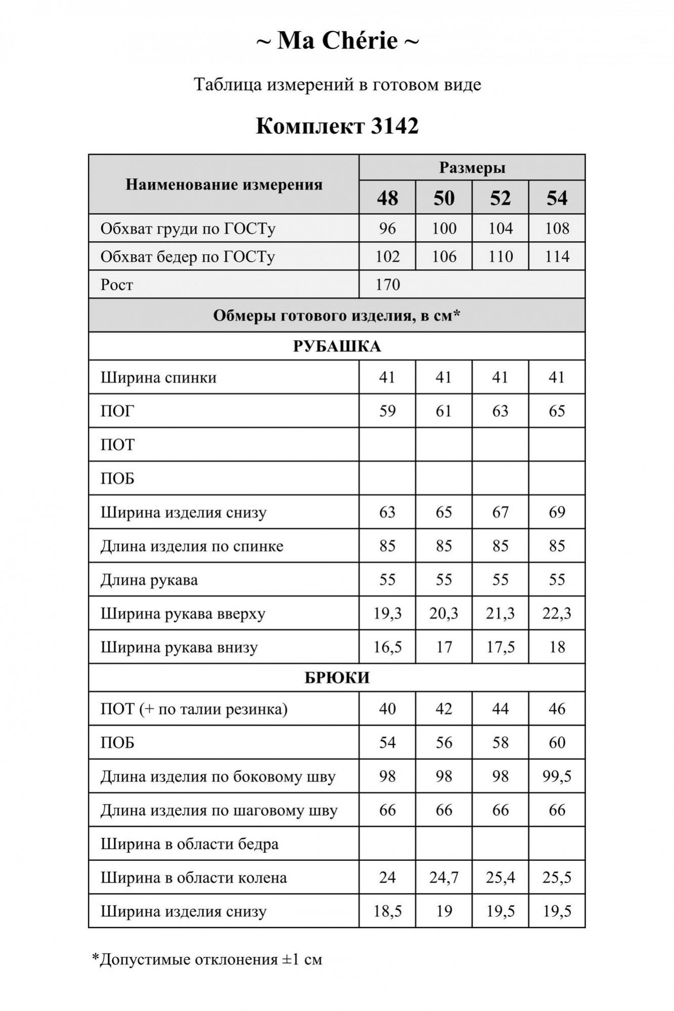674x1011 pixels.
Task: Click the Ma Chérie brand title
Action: (x=337, y=41)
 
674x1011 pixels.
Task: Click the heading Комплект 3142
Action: (x=337, y=126)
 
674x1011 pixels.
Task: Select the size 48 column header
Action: (x=387, y=198)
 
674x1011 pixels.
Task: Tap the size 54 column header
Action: (x=557, y=198)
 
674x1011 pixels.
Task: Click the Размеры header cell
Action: (x=472, y=168)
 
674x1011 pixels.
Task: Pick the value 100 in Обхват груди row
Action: (x=444, y=228)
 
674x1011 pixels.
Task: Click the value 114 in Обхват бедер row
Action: (x=557, y=257)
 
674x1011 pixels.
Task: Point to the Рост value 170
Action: (x=388, y=285)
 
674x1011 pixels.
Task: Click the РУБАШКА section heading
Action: (x=337, y=346)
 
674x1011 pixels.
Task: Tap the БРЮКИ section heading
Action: (x=337, y=678)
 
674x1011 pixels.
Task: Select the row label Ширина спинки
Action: (x=158, y=378)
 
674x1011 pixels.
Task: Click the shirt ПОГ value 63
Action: (x=500, y=411)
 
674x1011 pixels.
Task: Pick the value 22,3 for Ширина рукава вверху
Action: (x=557, y=614)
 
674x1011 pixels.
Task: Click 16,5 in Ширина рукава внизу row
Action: (x=387, y=647)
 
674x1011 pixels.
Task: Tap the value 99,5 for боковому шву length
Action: (x=557, y=776)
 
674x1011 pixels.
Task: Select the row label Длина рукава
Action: (x=149, y=580)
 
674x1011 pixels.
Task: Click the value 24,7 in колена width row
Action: (x=444, y=878)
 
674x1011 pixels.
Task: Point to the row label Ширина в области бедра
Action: (x=189, y=844)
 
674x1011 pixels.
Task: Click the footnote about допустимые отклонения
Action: (x=207, y=959)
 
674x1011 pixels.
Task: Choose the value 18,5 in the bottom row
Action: (x=387, y=911)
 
